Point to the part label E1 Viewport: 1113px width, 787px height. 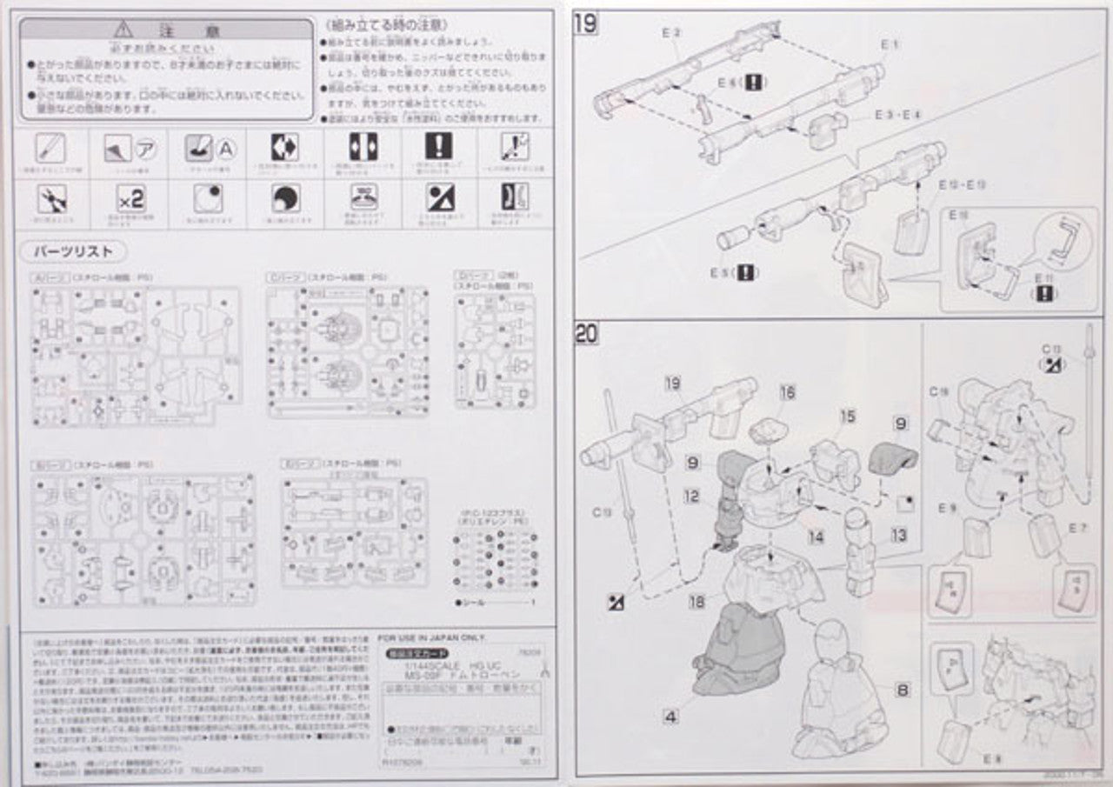coord(890,43)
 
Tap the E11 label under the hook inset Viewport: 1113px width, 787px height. coord(1044,278)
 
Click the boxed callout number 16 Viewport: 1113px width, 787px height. coord(787,392)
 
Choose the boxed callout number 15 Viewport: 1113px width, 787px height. coord(848,417)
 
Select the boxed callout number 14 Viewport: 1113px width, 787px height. coord(816,537)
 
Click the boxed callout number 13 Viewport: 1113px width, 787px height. coord(898,534)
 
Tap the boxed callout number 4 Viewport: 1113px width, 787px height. coord(670,717)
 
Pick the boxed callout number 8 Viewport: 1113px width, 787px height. coord(903,690)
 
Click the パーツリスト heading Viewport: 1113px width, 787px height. coord(73,251)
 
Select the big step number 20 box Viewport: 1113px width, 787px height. coord(587,333)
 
